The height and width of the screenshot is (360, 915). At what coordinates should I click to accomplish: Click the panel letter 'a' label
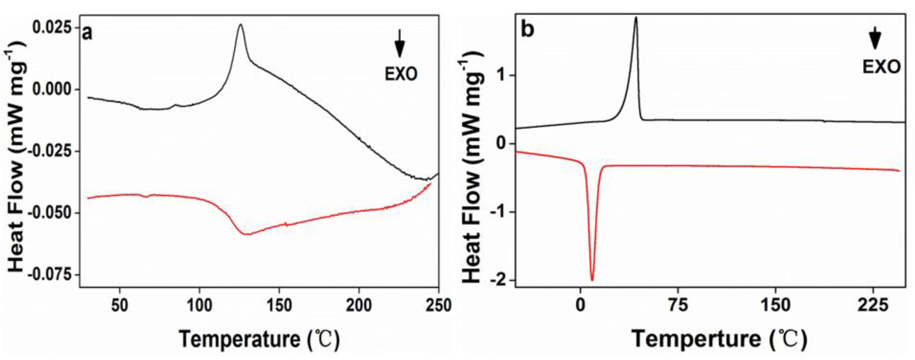[87, 33]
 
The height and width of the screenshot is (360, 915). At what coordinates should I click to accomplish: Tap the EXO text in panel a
[401, 74]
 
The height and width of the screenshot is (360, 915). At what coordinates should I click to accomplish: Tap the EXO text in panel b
[882, 67]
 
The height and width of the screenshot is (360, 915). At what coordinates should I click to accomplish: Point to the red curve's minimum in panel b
[592, 280]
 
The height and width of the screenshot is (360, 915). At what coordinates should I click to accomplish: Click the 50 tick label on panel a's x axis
[120, 305]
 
